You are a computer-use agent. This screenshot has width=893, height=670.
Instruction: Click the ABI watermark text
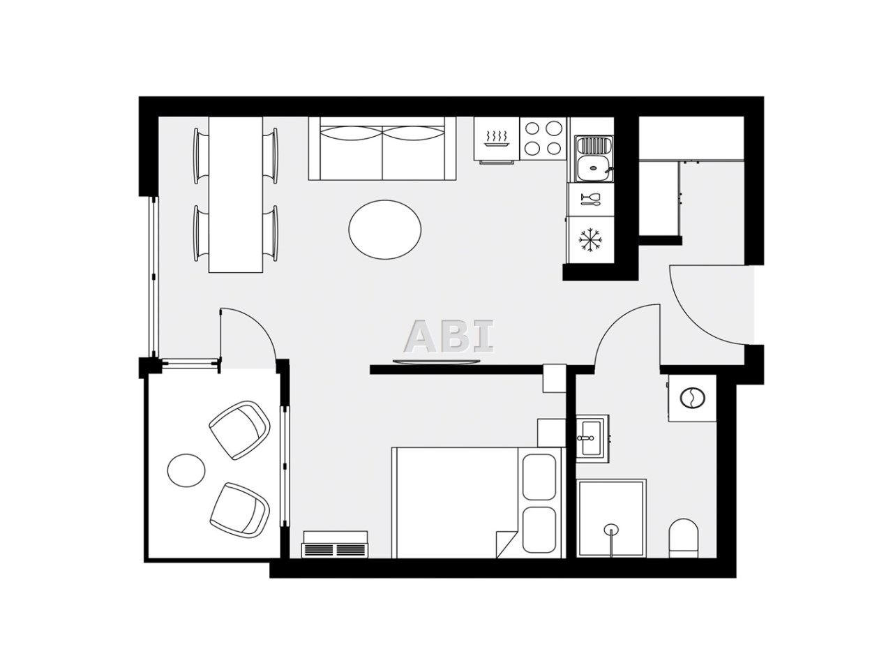(x=449, y=336)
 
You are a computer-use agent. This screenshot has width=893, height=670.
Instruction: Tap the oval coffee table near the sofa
(x=385, y=230)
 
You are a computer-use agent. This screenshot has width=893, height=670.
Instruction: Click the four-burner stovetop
(x=543, y=138)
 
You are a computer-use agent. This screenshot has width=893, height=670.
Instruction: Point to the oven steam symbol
(x=496, y=138)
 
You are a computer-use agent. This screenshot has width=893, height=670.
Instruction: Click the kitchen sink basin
(x=594, y=167)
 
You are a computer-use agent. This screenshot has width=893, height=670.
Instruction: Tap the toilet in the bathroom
(x=684, y=538)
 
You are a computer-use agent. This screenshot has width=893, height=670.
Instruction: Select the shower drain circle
(x=611, y=528)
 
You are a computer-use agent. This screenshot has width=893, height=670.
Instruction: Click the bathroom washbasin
(x=592, y=439)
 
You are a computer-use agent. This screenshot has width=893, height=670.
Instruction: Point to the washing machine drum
(x=691, y=397)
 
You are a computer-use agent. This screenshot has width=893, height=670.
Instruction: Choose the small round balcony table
(x=186, y=470)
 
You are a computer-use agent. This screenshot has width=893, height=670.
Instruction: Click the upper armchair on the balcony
(x=239, y=431)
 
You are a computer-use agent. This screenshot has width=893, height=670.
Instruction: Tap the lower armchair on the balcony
(x=239, y=510)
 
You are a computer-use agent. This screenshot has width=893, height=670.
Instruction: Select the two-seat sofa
(x=382, y=149)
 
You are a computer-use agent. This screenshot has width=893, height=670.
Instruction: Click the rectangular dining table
(x=236, y=195)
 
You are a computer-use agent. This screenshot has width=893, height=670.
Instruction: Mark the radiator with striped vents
(x=335, y=544)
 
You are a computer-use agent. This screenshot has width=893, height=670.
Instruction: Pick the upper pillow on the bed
(x=539, y=477)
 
